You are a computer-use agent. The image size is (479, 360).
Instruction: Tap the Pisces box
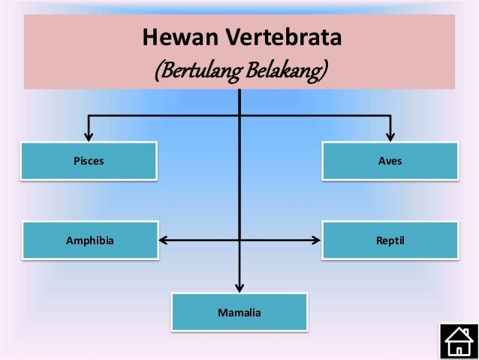89,161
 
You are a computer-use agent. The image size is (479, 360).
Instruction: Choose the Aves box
390,161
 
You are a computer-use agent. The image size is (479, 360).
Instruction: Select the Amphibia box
90,241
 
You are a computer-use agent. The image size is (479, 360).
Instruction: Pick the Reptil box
390,241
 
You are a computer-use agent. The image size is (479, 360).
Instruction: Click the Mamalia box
239,312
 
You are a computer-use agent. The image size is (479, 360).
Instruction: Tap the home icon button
458,340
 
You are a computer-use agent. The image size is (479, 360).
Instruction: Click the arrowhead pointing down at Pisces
89,136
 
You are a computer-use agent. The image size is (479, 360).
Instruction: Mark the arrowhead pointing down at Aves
390,136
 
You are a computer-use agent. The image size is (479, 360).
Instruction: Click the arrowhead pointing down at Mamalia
239,286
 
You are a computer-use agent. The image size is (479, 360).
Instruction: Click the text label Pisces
89,161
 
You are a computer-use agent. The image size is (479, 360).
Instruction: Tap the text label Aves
390,161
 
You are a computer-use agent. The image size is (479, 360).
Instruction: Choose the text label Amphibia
90,241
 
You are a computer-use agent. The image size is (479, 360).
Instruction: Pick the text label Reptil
390,241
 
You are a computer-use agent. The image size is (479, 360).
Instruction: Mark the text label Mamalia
239,312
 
